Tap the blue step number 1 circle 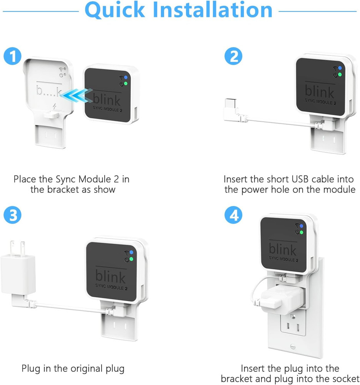tap(13, 57)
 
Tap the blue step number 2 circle tap(234, 57)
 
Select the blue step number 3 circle tap(13, 216)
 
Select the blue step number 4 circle tap(234, 216)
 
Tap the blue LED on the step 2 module tap(340, 68)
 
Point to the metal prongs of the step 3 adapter tap(18, 246)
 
